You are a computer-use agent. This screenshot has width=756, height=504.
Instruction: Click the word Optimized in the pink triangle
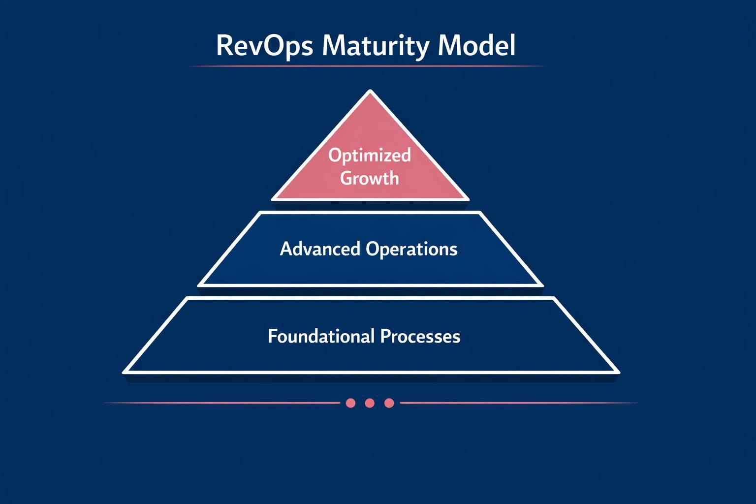[369, 155]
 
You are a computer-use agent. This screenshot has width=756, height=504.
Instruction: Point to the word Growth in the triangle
[369, 178]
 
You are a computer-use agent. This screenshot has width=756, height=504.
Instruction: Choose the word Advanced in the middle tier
[320, 249]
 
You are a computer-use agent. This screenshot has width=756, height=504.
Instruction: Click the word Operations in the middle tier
[411, 249]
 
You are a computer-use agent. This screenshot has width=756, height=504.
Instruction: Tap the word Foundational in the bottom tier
[321, 336]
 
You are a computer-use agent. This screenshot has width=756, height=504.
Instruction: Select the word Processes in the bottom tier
[420, 336]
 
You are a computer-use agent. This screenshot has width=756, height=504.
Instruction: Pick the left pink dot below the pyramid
[350, 403]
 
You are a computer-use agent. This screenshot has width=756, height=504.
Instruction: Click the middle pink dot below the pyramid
[370, 403]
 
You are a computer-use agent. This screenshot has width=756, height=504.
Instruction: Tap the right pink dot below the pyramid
[389, 403]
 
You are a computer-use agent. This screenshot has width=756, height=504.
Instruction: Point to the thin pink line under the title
[367, 66]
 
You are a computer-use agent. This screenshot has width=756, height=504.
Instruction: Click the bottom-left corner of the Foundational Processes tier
[125, 372]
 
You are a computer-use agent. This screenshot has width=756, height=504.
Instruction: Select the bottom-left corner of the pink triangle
[274, 199]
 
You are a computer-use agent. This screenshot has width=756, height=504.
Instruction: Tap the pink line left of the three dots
[221, 403]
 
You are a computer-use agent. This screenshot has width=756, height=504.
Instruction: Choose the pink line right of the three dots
[517, 403]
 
